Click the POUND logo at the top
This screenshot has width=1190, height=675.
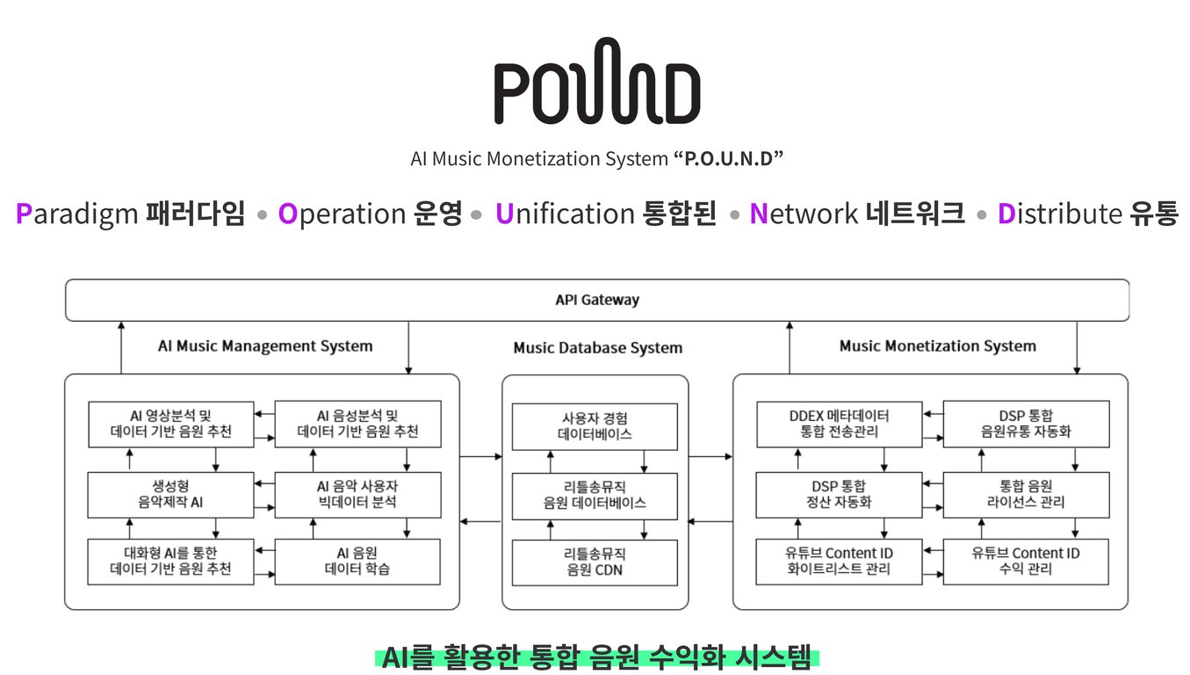point(597,81)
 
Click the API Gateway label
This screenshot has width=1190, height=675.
point(597,300)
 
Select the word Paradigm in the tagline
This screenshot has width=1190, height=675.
point(77,214)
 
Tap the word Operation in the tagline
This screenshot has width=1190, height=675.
point(343,214)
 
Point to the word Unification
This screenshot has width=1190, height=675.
point(565,214)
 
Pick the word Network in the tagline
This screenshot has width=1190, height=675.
point(804,214)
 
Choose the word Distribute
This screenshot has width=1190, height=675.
point(1059,214)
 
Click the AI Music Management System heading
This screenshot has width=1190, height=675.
point(265,346)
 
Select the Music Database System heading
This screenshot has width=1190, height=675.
point(598,347)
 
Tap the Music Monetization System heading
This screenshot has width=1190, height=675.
point(938,346)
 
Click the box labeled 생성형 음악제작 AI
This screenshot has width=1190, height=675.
point(170,494)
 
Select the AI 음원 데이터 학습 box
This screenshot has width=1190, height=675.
point(357,562)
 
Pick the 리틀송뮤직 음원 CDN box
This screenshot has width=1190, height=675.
point(595,562)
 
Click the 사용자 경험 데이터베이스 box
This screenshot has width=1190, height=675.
point(595,426)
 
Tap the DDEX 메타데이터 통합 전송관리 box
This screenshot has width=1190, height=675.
point(840,424)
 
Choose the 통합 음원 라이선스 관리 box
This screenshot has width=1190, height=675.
point(1026,494)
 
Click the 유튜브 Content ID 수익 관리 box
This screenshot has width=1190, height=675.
point(1026,562)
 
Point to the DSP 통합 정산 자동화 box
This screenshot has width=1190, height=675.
point(840,494)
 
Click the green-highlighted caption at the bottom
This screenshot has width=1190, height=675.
point(596,657)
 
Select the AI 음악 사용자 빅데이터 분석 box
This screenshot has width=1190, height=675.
point(357,494)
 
